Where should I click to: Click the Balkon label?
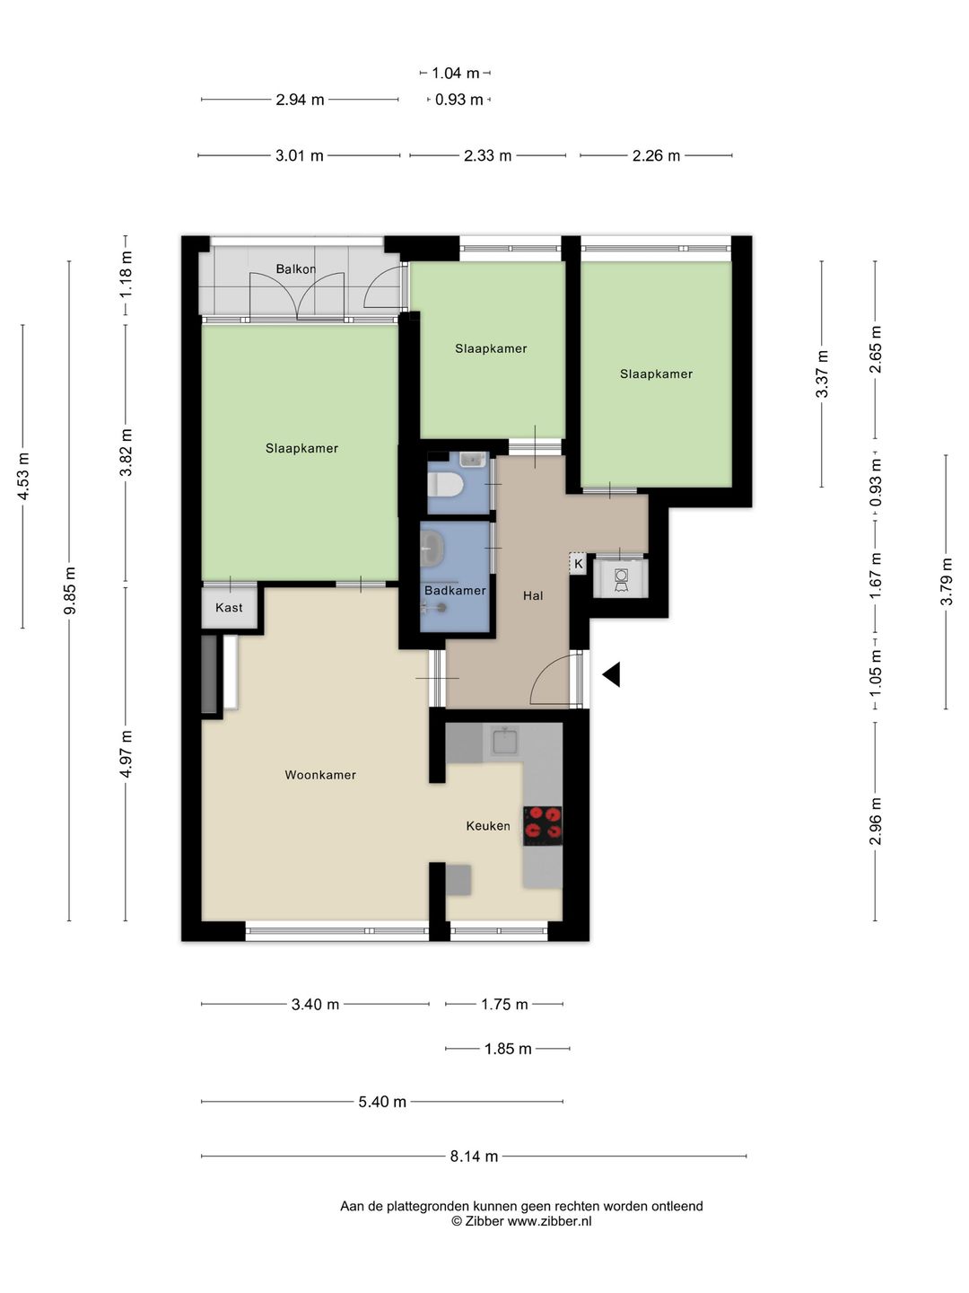[x=296, y=269]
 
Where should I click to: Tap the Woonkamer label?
[x=320, y=775]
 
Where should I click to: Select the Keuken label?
[x=488, y=826]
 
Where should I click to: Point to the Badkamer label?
[x=455, y=590]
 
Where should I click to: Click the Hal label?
[x=533, y=595]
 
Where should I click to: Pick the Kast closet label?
[x=229, y=607]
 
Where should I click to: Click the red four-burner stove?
[x=543, y=826]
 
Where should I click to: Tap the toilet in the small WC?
[x=445, y=486]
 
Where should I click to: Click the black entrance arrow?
[x=611, y=674]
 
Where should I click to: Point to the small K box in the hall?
[x=579, y=564]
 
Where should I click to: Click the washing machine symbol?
[x=621, y=578]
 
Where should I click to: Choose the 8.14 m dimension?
[x=474, y=1157]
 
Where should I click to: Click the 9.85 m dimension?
[x=69, y=590]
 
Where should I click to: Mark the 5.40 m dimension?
[x=382, y=1101]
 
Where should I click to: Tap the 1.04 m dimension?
[x=456, y=73]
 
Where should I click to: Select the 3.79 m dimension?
[x=946, y=582]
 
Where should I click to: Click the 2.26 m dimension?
[x=656, y=155]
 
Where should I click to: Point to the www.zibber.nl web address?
[x=549, y=1221]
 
